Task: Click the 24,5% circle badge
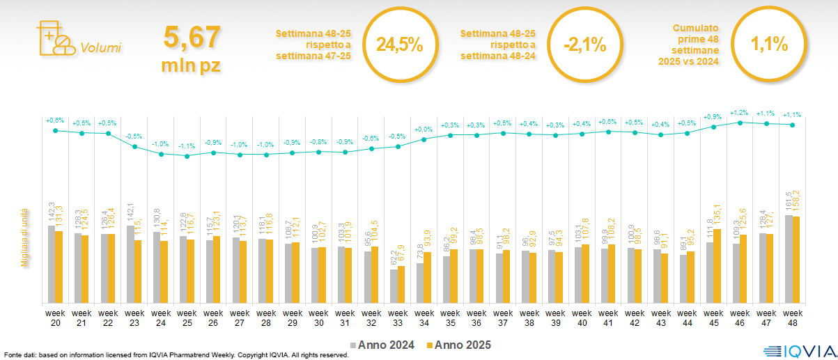coord(399,45)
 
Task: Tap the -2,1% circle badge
coord(584,45)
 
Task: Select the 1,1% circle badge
coord(769,45)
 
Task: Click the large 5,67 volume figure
coord(192,37)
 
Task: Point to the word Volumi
coord(100,48)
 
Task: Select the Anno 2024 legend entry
coord(382,345)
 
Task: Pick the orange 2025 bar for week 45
coord(717,266)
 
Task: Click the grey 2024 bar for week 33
coord(394,285)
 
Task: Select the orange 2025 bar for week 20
coord(59,267)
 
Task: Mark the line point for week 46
coord(740,122)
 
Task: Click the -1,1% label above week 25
coord(187,146)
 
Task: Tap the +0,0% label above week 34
coord(424,130)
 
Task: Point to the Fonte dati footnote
coord(176,355)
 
